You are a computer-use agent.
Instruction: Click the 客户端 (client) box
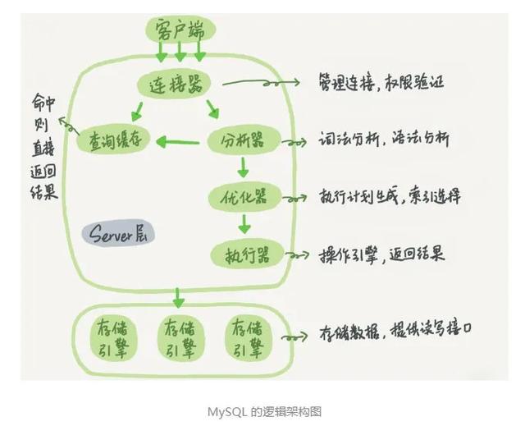179,30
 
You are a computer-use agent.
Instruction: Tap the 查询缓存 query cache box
116,141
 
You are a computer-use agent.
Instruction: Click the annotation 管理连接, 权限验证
383,83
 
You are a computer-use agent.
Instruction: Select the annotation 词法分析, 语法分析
383,140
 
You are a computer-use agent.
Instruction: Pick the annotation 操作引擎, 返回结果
381,254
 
